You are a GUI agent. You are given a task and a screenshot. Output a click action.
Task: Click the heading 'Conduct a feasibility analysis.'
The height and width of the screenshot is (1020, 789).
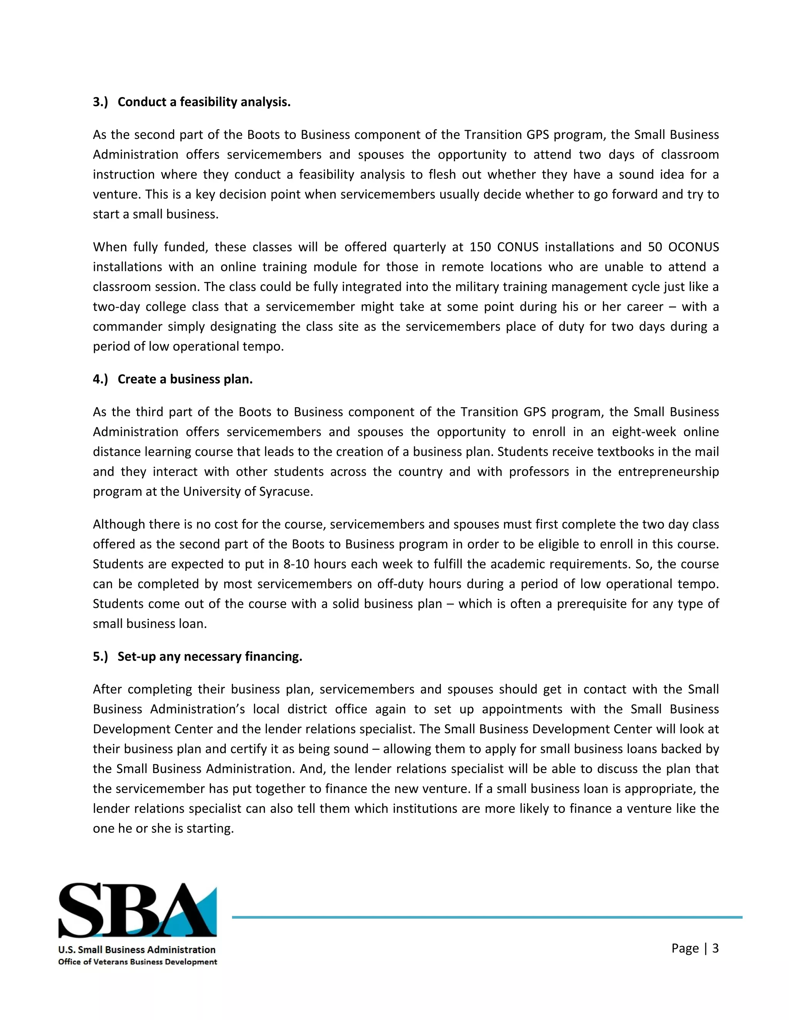pyautogui.click(x=204, y=102)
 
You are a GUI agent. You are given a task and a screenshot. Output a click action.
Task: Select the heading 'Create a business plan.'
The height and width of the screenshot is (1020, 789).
pyautogui.click(x=185, y=379)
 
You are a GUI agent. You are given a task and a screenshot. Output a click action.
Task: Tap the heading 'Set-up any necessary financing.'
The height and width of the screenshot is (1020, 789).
pyautogui.click(x=210, y=656)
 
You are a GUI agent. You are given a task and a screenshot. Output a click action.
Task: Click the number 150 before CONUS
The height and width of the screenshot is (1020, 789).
pyautogui.click(x=480, y=247)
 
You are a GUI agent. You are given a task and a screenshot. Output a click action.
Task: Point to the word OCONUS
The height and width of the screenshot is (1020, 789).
pyautogui.click(x=693, y=247)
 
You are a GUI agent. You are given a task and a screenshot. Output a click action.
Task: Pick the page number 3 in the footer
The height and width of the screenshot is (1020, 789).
pyautogui.click(x=715, y=948)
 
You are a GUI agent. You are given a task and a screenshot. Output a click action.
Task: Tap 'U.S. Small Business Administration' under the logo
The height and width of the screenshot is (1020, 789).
pyautogui.click(x=137, y=950)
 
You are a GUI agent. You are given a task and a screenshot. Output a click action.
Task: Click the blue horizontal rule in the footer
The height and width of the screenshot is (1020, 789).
pyautogui.click(x=486, y=917)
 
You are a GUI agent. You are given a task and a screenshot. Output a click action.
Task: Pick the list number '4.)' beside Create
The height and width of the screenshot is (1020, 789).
pyautogui.click(x=100, y=379)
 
